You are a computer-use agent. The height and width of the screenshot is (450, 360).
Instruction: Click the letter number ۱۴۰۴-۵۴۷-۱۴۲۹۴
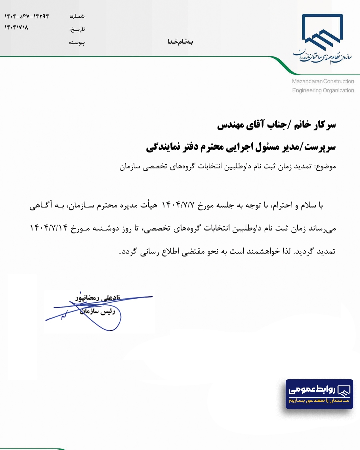[27, 16]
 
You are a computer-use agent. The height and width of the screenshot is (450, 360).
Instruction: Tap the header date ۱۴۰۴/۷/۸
[16, 28]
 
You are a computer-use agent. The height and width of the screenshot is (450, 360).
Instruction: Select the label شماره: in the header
[77, 16]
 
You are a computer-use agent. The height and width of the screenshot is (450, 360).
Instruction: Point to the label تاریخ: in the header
[77, 30]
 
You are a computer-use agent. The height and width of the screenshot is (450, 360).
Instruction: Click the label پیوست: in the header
[77, 43]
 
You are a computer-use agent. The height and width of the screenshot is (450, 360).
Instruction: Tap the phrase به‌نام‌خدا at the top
[180, 42]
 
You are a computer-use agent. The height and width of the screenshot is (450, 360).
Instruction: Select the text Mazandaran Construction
[323, 81]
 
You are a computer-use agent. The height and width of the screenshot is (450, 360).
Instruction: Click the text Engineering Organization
[323, 90]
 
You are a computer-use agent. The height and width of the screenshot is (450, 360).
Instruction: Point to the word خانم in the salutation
[302, 125]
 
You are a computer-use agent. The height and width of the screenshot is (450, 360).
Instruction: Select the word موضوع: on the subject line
[325, 166]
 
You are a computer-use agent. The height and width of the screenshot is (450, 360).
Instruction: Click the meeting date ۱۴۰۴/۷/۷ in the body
[178, 205]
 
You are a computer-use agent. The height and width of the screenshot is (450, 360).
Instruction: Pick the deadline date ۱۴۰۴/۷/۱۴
[49, 228]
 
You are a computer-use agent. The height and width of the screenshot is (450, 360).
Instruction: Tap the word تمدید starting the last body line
[326, 251]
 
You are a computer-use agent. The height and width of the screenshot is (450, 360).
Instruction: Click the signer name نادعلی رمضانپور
[98, 298]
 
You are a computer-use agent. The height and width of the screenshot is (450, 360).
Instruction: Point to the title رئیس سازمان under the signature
[98, 311]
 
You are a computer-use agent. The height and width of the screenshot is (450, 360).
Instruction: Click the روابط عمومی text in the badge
[312, 389]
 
